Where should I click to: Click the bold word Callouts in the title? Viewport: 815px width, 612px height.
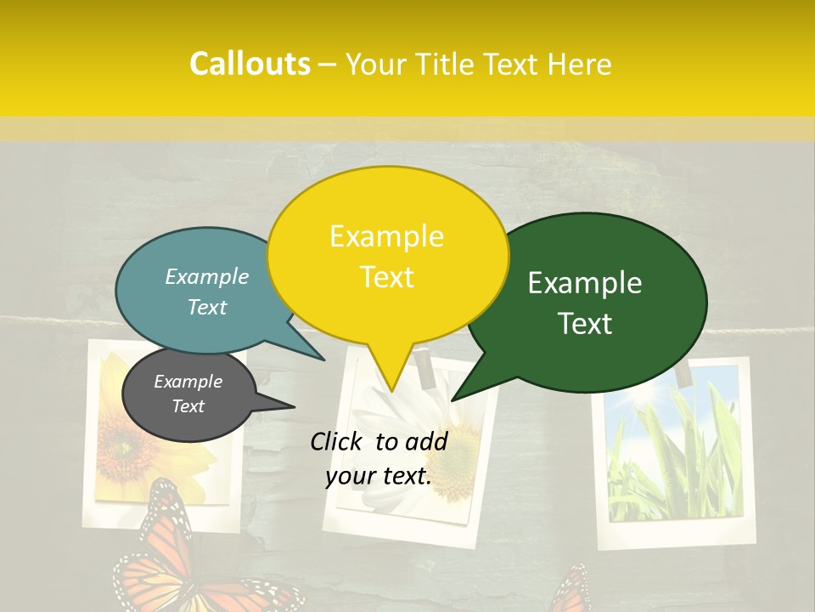250,64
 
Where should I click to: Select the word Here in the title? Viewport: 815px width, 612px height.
580,65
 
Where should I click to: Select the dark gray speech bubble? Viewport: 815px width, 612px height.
188,394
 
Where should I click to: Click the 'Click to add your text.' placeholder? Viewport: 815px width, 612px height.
379,458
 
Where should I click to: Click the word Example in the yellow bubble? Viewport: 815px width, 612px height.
387,235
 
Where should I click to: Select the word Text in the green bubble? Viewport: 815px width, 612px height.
586,324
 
